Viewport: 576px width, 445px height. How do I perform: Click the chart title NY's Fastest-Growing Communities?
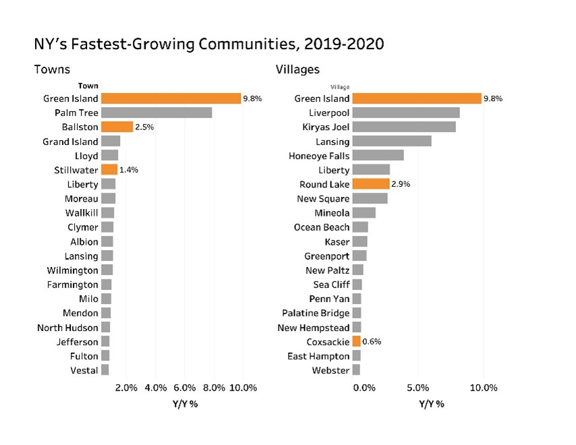[x=209, y=44]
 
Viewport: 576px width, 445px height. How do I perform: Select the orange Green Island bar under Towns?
[x=171, y=98]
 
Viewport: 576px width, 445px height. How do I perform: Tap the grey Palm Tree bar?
[x=156, y=113]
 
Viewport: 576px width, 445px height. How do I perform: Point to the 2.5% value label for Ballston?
[x=145, y=127]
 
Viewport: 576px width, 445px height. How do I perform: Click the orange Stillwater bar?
[x=109, y=170]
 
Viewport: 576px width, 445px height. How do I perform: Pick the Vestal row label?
[x=84, y=370]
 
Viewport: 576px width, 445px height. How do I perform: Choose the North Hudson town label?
[x=67, y=328]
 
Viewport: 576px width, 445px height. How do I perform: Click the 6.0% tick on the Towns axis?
[x=185, y=388]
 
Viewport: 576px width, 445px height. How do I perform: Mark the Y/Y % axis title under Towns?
[x=185, y=404]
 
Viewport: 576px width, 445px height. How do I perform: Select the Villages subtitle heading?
[x=297, y=69]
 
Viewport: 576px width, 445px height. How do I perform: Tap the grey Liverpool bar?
[x=406, y=113]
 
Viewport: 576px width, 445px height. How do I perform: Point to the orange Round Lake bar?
[x=370, y=184]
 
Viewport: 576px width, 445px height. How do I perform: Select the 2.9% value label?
[x=401, y=184]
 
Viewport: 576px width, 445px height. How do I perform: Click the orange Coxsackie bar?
[x=356, y=342]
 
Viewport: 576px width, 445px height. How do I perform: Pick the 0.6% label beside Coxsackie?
[x=372, y=342]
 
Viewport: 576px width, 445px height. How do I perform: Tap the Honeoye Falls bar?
[x=378, y=156]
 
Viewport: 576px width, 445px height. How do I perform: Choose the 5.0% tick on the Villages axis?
[x=418, y=388]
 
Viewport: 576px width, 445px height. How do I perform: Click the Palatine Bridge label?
[x=316, y=313]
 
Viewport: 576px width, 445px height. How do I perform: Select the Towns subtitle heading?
[x=52, y=69]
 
